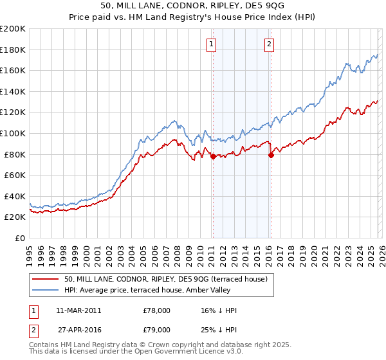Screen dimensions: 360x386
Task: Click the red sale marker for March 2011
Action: click(213, 156)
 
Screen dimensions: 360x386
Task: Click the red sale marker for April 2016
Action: click(271, 155)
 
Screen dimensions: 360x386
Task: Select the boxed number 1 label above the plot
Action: click(212, 44)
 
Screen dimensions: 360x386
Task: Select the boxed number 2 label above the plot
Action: click(269, 44)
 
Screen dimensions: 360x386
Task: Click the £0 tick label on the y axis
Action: click(19, 238)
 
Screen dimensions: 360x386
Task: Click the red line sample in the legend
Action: click(45, 279)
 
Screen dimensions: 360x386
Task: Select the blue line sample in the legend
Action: click(45, 291)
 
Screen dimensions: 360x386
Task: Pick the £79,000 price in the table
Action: click(156, 332)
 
